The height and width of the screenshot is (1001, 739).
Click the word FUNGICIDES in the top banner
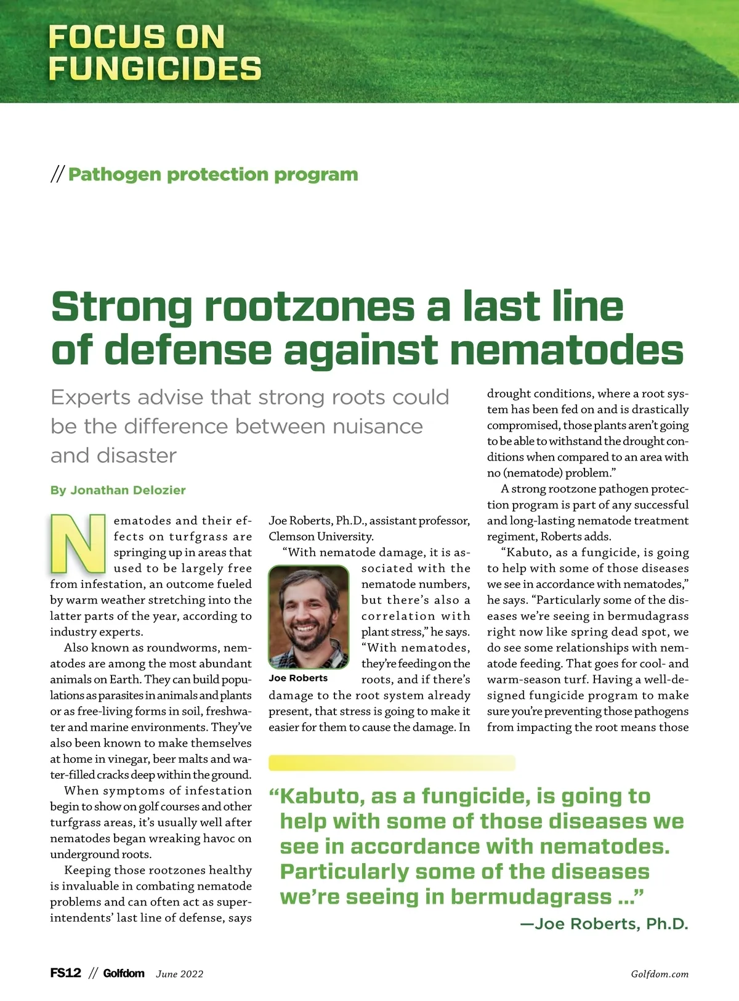coord(155,68)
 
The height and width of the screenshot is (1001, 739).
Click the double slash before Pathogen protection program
coord(57,175)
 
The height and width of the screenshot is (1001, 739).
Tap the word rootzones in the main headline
coord(310,306)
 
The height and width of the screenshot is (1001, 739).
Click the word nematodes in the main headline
coord(567,350)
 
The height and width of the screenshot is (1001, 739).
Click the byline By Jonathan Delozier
coord(118,490)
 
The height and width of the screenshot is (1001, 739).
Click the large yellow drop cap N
coord(78,543)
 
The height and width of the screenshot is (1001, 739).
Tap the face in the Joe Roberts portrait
coord(309,609)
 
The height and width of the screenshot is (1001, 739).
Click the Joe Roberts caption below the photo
coord(298,678)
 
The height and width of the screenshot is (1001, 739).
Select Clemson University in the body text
coord(321,536)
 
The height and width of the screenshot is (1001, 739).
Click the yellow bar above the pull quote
coord(392,763)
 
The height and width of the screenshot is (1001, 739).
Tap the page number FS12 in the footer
coord(65,973)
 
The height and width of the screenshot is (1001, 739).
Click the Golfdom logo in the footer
coord(124,973)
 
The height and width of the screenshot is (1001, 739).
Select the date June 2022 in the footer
coord(179,974)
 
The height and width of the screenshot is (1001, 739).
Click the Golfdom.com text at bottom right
coord(660,974)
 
